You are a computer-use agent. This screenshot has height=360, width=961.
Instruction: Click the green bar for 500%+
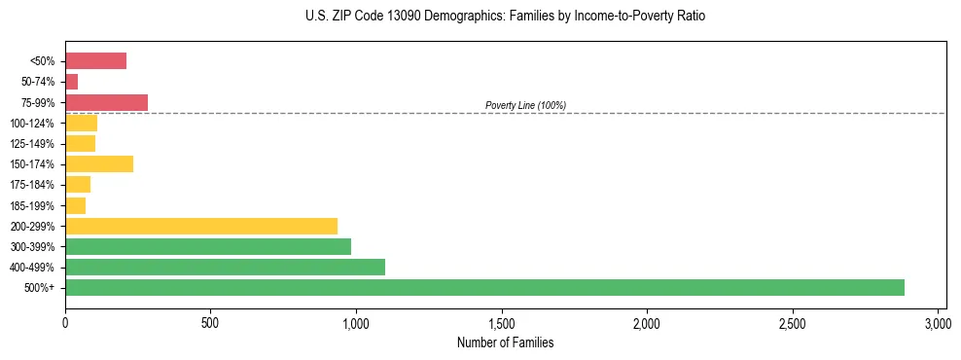(x=484, y=287)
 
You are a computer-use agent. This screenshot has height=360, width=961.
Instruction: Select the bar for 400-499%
(x=225, y=267)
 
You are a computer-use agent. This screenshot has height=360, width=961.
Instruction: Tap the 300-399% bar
(x=208, y=246)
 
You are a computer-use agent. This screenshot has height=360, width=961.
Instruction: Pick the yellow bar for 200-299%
(x=201, y=226)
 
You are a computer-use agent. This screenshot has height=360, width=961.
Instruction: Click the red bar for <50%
(x=95, y=61)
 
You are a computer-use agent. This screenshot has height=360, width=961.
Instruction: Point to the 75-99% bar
(x=106, y=102)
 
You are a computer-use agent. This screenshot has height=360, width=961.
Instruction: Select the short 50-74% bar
(x=71, y=82)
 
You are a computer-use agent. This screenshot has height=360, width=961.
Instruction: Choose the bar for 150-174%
(x=99, y=164)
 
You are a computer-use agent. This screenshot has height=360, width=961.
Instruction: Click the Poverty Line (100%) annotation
(x=525, y=105)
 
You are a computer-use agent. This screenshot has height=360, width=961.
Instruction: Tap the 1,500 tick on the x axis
(x=502, y=322)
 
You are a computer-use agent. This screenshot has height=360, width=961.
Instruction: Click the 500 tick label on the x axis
(x=210, y=322)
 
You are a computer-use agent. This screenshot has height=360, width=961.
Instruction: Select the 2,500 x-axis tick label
(x=793, y=322)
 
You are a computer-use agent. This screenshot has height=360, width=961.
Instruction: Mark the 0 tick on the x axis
(x=65, y=322)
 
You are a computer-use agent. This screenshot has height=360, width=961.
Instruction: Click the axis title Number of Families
(x=505, y=342)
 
